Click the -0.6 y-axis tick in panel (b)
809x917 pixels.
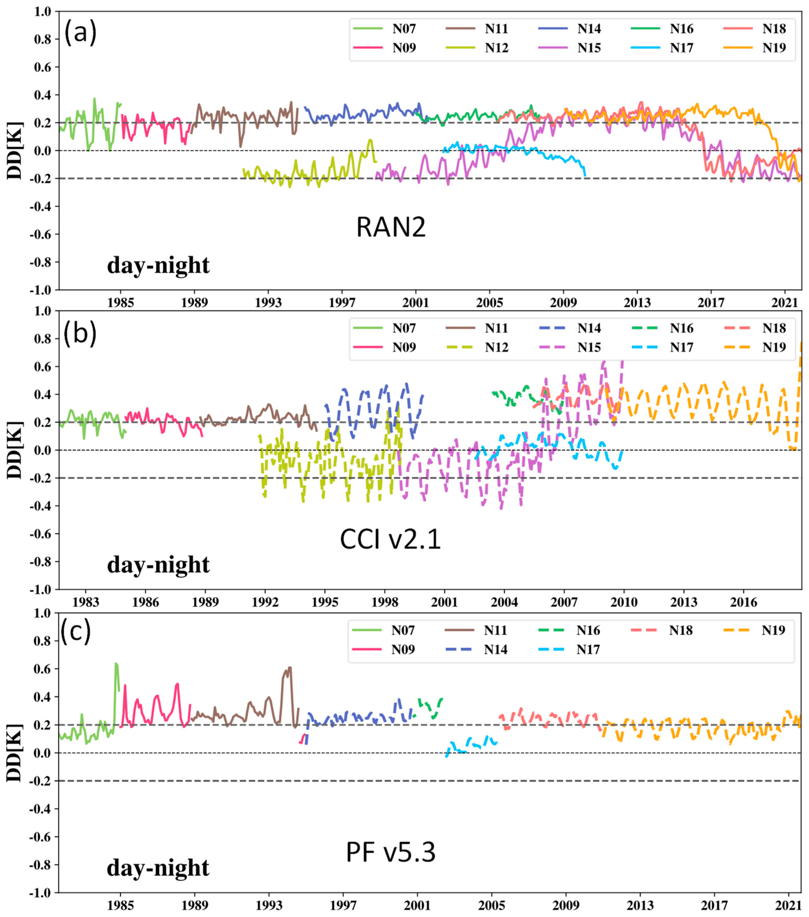tap(42, 534)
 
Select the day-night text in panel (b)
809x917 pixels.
tap(158, 565)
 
